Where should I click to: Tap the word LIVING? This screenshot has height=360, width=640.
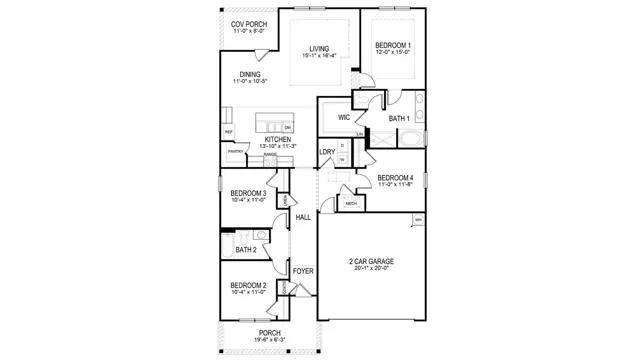319,48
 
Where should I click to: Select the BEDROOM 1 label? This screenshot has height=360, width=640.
393,45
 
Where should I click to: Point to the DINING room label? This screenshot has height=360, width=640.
250,73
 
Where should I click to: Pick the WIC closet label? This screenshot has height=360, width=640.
343,117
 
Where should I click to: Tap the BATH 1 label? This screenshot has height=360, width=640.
400,118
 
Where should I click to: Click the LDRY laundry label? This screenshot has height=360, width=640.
327,152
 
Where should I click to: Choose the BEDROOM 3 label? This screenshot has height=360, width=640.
247,193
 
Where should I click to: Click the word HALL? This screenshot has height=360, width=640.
302,217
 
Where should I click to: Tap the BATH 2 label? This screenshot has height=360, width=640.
247,249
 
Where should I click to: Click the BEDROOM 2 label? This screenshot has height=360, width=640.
247,285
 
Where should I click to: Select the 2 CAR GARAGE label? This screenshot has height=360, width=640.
370,262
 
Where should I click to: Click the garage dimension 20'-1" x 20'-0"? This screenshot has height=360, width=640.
370,269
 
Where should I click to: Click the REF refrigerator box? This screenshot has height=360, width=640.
228,131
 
